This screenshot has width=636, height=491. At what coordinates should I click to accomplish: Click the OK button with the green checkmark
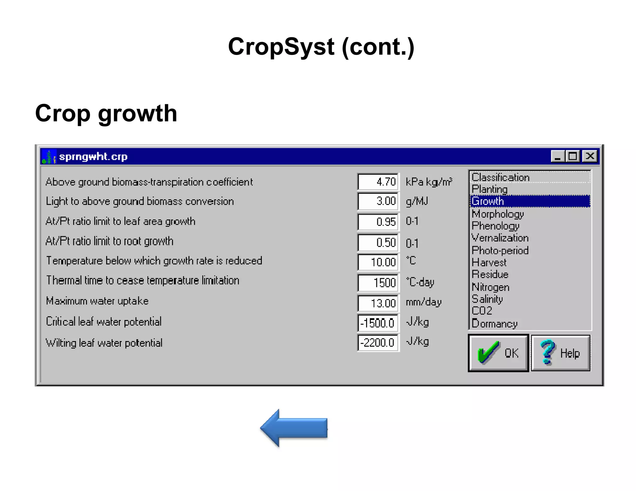click(498, 353)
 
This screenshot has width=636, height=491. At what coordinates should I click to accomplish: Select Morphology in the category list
click(498, 214)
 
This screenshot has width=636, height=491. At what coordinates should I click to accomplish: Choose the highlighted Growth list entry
click(529, 201)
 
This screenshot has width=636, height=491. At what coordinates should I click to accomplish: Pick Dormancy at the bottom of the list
click(494, 323)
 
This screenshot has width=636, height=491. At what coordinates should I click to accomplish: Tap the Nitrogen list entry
click(490, 287)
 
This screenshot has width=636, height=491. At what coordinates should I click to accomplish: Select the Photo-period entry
click(500, 250)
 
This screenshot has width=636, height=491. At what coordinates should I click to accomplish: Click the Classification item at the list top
click(500, 177)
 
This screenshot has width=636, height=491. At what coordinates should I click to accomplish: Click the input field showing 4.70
click(378, 182)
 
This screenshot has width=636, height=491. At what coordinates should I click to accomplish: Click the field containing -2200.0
click(378, 343)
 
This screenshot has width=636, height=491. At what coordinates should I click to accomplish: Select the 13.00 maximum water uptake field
click(378, 303)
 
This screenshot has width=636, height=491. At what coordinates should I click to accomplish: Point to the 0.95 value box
click(378, 222)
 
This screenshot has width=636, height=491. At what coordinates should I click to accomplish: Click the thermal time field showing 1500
click(378, 282)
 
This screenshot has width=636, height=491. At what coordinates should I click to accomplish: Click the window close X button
click(590, 156)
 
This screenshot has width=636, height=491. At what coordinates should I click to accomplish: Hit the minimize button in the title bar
click(557, 156)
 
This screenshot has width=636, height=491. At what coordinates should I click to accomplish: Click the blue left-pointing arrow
click(294, 428)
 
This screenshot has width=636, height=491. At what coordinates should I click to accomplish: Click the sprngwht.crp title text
click(93, 156)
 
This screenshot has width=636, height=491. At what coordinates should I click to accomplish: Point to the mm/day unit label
click(424, 302)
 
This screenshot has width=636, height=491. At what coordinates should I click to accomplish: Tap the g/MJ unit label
click(417, 201)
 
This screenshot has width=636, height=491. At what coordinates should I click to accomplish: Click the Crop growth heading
click(106, 113)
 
